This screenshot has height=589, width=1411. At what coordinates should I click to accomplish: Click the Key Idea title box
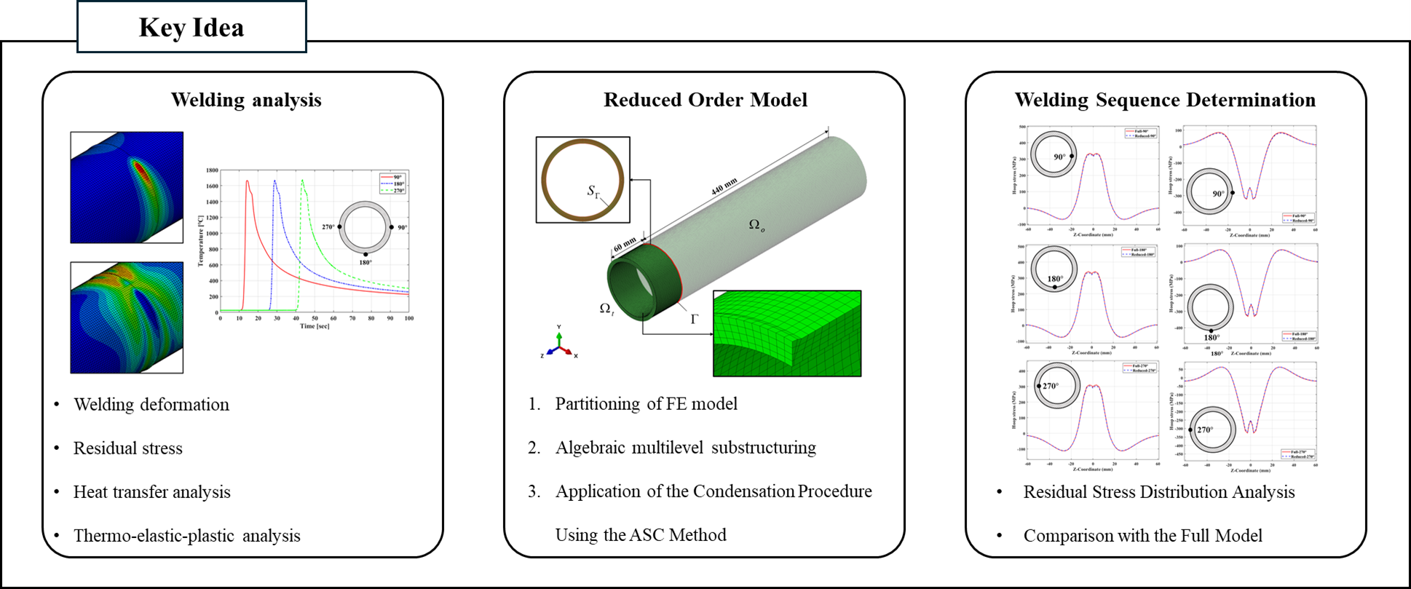(191, 27)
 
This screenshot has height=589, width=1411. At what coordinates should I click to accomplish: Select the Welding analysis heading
(246, 100)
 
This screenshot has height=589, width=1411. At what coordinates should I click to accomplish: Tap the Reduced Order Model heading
(705, 100)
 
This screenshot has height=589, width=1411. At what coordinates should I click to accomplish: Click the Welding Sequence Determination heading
(1165, 100)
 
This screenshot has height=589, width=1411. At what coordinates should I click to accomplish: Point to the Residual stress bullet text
(127, 448)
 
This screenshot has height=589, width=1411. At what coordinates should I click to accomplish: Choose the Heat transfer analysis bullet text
(151, 492)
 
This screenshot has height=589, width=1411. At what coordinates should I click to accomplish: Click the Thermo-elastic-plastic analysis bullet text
(186, 536)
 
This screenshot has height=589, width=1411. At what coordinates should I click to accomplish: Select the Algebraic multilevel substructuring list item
(685, 448)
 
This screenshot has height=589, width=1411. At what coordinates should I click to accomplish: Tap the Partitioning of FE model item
(646, 404)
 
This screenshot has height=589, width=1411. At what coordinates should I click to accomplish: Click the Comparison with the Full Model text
(1142, 536)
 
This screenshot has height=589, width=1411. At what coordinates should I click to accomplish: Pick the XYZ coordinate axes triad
(559, 347)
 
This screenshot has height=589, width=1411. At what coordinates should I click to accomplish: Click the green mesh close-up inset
(787, 333)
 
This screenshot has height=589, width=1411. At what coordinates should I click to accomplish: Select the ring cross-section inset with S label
(582, 179)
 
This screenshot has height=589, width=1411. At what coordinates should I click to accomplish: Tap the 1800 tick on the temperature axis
(212, 170)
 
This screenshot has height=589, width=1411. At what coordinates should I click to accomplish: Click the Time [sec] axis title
(315, 326)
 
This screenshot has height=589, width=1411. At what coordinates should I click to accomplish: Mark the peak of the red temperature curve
(247, 181)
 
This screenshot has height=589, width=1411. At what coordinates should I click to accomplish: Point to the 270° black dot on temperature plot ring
(340, 227)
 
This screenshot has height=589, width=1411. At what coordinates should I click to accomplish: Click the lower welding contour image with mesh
(127, 317)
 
